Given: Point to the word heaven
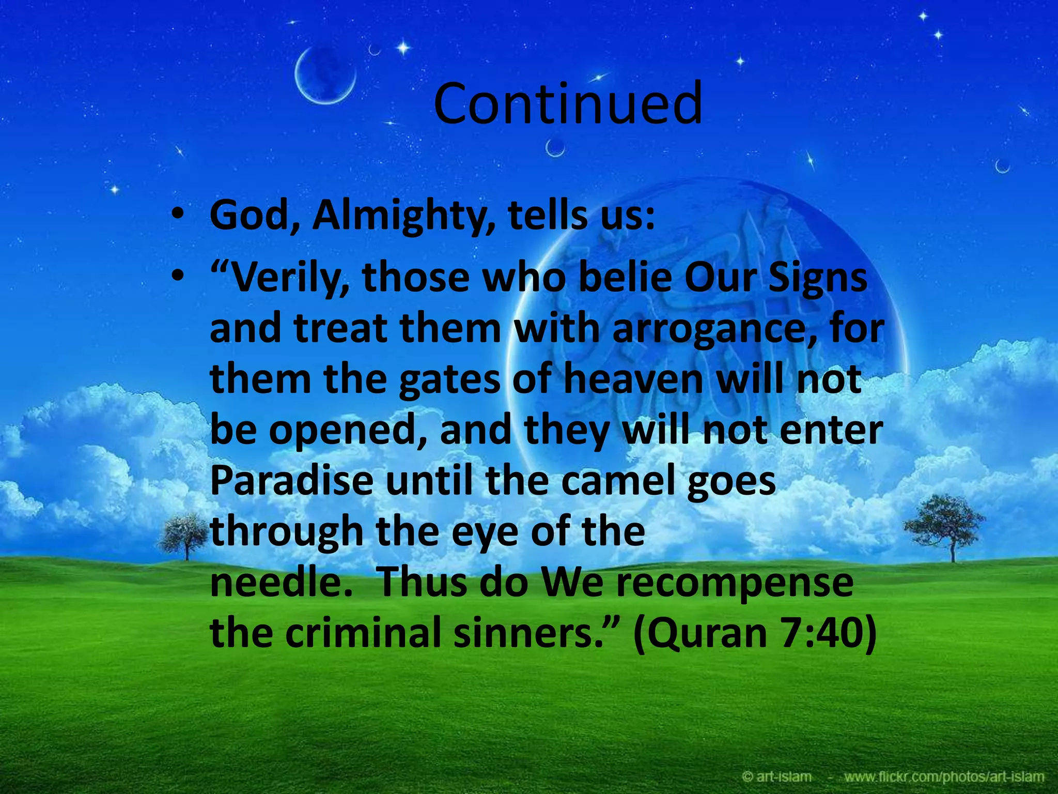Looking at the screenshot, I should (x=633, y=379).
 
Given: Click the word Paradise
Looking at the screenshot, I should (x=292, y=481).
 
